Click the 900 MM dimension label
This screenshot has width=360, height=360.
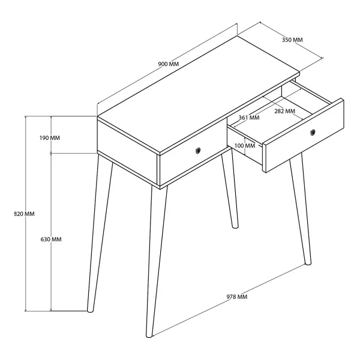point(168,64)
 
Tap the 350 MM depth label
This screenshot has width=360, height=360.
point(292,40)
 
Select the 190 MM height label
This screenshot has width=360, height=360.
point(50,138)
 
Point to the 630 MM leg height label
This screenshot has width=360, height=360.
point(51,239)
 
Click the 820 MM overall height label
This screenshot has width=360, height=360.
point(25,214)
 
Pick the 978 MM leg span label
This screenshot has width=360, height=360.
point(237,296)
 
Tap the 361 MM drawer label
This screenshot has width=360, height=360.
point(249,118)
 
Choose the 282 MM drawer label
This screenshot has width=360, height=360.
point(284,111)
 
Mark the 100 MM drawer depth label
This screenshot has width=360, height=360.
point(245,146)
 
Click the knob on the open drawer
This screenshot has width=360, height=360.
point(313,132)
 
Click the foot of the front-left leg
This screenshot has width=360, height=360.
point(90,310)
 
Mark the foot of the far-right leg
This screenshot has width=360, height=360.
point(308,262)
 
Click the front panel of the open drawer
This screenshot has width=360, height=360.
point(304,136)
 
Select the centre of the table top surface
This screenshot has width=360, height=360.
point(199,95)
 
